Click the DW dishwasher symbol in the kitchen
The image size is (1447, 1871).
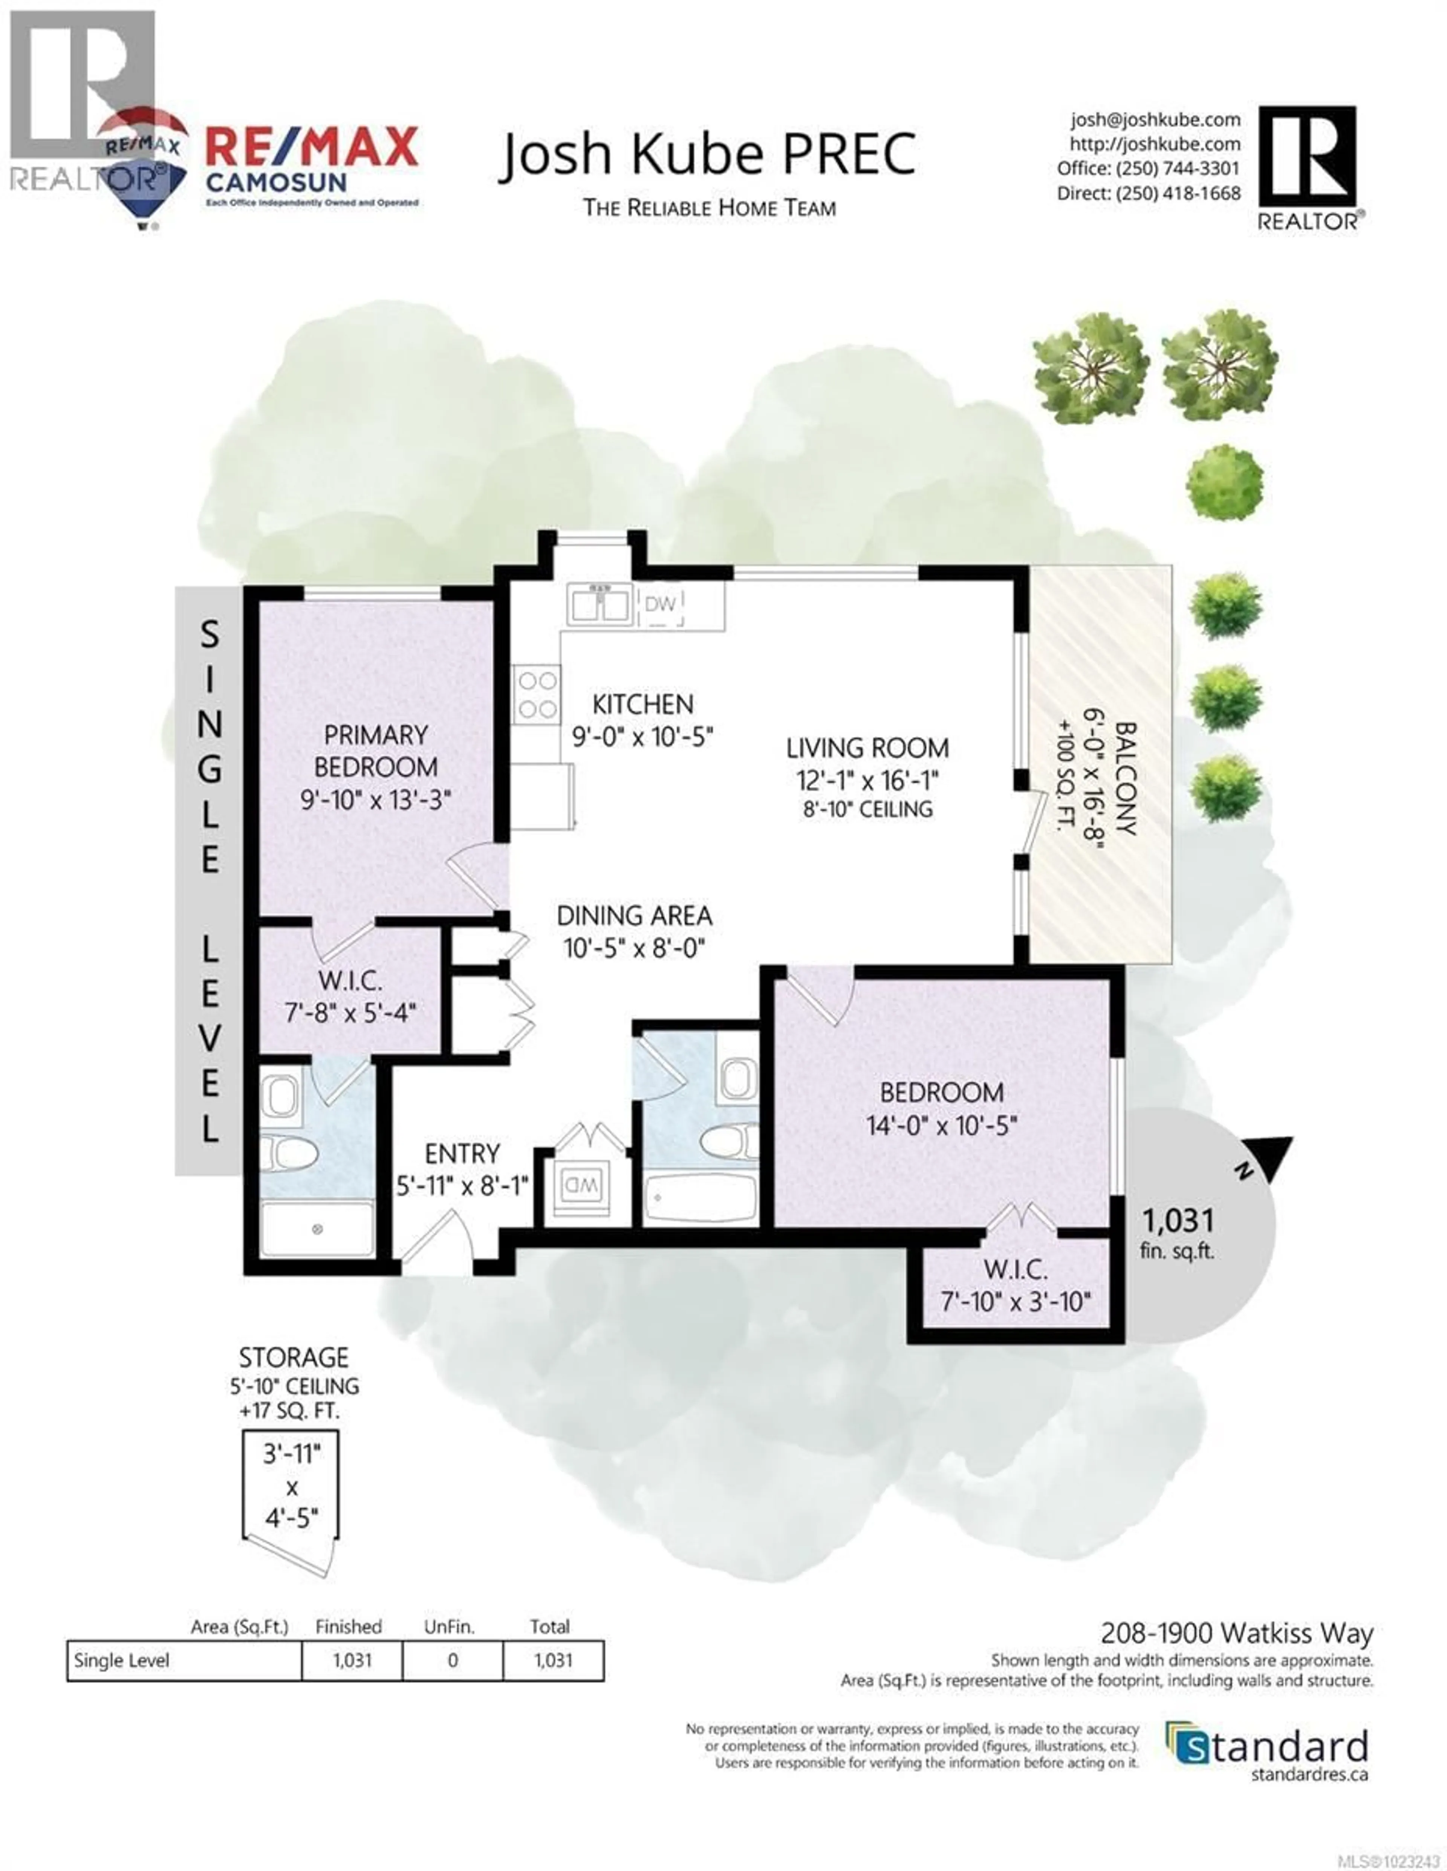pyautogui.click(x=661, y=604)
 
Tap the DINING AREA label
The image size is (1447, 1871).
pyautogui.click(x=634, y=916)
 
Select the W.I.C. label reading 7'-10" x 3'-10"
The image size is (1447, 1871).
pyautogui.click(x=1015, y=1285)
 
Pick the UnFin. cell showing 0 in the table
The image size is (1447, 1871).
pyautogui.click(x=452, y=1660)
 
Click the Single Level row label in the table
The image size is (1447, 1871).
pyautogui.click(x=122, y=1660)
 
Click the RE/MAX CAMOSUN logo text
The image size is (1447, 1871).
pyautogui.click(x=311, y=163)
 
